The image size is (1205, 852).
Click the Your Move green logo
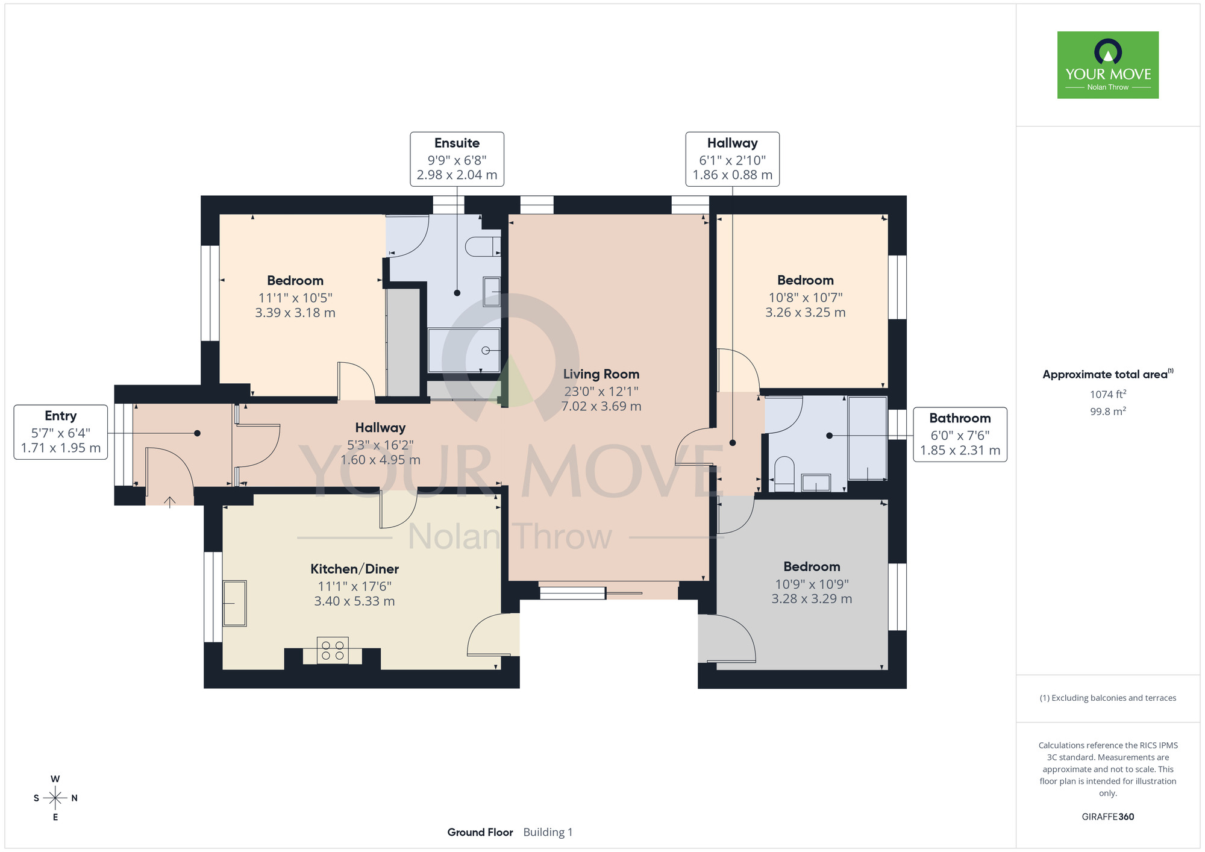click(1107, 65)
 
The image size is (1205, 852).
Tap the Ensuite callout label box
click(457, 159)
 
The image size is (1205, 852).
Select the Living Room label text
click(601, 374)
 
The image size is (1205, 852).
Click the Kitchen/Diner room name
click(354, 569)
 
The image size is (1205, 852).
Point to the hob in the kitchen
click(333, 650)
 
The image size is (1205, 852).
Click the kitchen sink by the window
click(235, 603)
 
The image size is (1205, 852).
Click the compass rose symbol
click(55, 798)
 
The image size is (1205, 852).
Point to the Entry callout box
click(61, 432)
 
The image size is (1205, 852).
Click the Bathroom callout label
click(960, 434)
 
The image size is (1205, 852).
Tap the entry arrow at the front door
click(170, 502)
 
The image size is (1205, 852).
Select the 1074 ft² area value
click(1108, 394)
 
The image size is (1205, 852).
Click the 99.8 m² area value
click(1108, 412)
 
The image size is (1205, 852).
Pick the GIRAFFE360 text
click(1108, 817)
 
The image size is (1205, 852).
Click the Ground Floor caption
click(480, 832)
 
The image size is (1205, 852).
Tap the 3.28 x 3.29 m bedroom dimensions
click(812, 599)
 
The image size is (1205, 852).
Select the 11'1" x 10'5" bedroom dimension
click(295, 298)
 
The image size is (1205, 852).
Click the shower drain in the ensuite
click(486, 351)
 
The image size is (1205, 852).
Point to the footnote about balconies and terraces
click(1108, 698)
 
